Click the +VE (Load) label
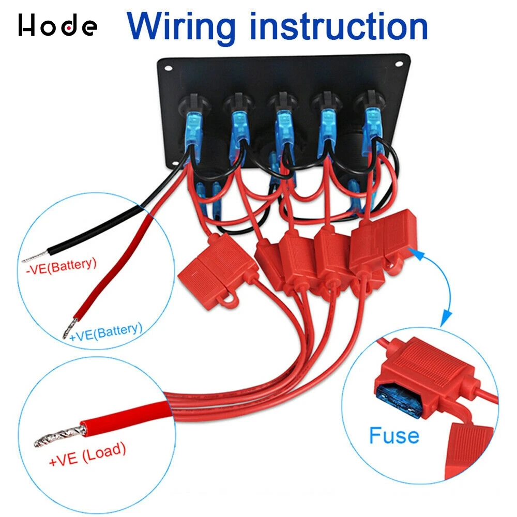[x=87, y=454]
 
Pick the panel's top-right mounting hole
[x=399, y=65]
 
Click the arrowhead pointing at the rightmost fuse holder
[x=414, y=251]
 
